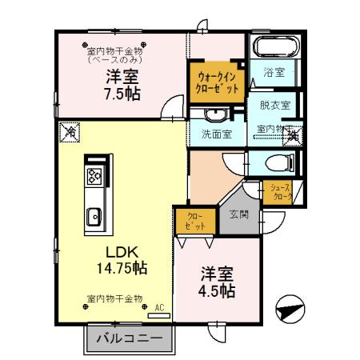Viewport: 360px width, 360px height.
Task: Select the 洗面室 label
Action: (216, 134)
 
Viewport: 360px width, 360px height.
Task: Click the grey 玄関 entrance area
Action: (238, 214)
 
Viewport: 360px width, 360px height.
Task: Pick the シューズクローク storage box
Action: (280, 191)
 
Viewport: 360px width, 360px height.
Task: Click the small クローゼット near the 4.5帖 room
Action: (194, 220)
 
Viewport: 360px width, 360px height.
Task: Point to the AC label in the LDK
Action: (159, 307)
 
